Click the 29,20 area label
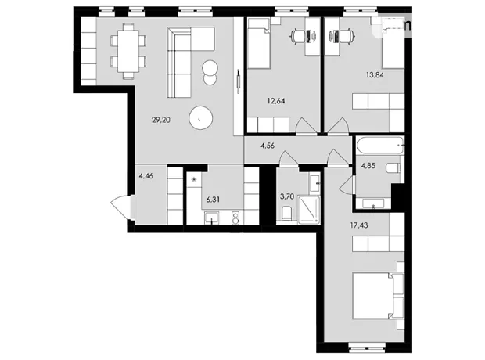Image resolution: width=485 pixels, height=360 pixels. point(161,120)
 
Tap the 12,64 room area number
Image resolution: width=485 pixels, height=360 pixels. point(276,101)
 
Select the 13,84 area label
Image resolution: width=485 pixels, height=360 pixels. point(375,74)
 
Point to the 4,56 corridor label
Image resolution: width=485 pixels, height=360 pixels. point(268,146)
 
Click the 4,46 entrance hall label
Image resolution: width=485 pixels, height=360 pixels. point(146,176)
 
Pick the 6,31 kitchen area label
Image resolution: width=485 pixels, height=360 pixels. point(213,200)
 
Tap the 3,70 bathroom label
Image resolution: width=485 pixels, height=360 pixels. point(287,196)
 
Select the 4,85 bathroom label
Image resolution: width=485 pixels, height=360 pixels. point(368,166)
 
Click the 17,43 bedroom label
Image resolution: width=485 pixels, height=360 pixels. point(359,225)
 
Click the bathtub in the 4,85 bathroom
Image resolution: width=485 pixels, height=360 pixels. point(380,146)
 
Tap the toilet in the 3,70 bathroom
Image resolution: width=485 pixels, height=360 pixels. point(287,214)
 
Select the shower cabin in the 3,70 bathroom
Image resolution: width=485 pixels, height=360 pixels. point(308,210)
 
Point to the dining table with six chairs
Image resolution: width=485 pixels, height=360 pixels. point(128,52)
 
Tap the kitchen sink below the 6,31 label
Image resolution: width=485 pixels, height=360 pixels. point(211,218)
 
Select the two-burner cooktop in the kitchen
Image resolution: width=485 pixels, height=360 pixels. point(235,218)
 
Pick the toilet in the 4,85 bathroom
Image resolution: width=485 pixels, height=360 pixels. point(393,168)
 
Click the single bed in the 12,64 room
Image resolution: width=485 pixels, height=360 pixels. point(259,43)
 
